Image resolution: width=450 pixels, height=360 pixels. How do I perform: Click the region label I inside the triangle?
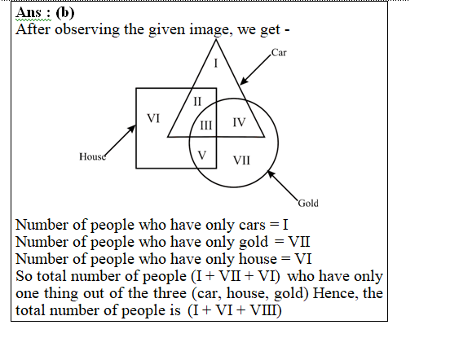216,63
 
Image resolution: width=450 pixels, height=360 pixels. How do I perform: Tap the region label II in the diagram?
197,102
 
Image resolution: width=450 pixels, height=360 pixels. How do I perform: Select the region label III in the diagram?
206,125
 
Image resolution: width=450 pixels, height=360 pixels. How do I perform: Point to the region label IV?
239,122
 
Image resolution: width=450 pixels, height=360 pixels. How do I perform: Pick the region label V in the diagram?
202,156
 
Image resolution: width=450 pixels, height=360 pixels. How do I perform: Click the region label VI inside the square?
153,118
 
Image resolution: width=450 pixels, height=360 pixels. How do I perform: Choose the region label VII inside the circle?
241,160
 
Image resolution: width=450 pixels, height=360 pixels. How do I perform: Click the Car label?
279,52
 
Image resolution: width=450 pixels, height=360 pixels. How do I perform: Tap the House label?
92,156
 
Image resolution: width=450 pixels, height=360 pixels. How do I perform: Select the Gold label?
308,204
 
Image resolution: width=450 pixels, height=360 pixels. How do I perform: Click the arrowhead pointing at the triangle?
244,81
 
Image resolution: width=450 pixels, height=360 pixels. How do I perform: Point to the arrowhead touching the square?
132,129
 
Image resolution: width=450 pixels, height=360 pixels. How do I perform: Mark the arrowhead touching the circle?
271,174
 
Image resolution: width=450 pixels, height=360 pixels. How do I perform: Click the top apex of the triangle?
216,40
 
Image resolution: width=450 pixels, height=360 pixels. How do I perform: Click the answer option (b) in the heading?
65,13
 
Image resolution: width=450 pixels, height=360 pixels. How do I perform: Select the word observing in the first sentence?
87,30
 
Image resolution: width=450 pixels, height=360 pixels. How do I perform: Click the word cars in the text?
252,226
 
